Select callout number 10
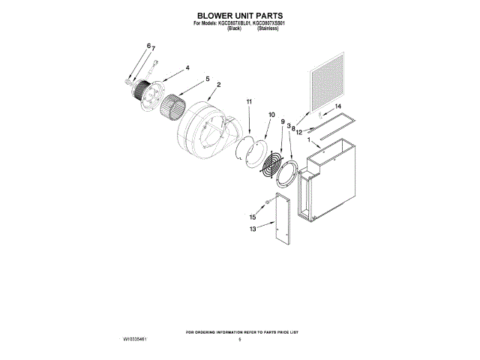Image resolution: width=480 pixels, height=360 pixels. [x=271, y=115]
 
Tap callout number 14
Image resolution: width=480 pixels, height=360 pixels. [x=337, y=107]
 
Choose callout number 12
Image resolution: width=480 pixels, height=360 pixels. [x=298, y=132]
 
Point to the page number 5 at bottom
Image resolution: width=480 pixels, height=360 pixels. [x=239, y=340]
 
